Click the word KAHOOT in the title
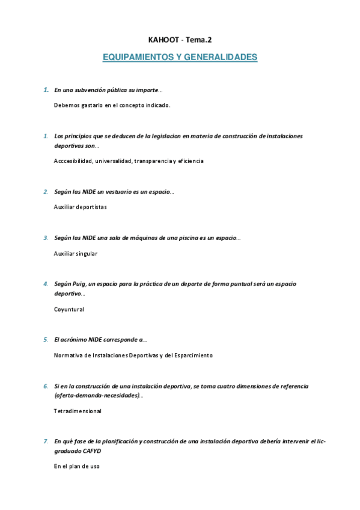[x=159, y=40]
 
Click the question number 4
[x=46, y=284]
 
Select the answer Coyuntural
[x=69, y=309]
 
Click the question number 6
[x=46, y=386]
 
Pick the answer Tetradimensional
[x=78, y=411]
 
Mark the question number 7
[x=46, y=441]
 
